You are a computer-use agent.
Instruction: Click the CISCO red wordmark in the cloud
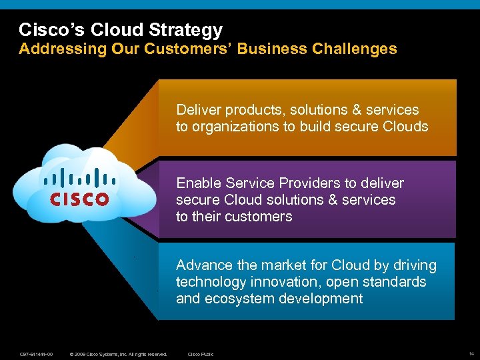tap(79, 199)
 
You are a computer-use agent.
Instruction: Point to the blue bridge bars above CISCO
tap(79, 177)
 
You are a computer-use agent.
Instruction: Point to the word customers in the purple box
tap(260, 217)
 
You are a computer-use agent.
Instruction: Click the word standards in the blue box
tap(393, 282)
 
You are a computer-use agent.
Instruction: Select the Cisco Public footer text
tap(201, 354)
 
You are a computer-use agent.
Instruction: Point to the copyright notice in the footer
tap(118, 354)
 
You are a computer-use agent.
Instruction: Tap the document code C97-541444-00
tap(36, 354)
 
